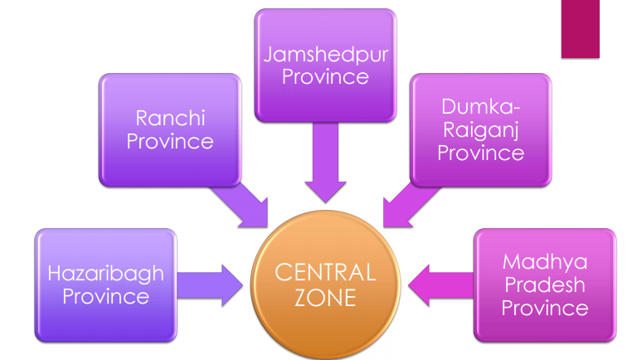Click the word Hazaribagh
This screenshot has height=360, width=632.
pyautogui.click(x=105, y=274)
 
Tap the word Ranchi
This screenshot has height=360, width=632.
pyautogui.click(x=170, y=119)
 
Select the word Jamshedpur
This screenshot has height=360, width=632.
pyautogui.click(x=325, y=56)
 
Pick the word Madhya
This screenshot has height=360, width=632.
pyautogui.click(x=544, y=262)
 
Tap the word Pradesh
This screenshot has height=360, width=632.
pyautogui.click(x=544, y=285)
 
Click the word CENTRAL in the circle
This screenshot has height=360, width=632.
pyautogui.click(x=325, y=272)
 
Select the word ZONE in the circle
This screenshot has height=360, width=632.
pyautogui.click(x=325, y=297)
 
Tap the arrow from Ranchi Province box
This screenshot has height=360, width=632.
pyautogui.click(x=241, y=204)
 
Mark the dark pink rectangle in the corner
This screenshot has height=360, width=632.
pyautogui.click(x=580, y=28)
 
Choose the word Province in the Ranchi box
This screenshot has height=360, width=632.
pyautogui.click(x=170, y=141)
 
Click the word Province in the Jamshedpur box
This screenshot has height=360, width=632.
pyautogui.click(x=325, y=77)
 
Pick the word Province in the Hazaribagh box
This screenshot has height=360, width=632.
pyautogui.click(x=105, y=296)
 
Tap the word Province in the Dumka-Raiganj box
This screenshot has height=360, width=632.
pyautogui.click(x=481, y=153)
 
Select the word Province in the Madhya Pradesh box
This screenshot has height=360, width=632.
pyautogui.click(x=544, y=308)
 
